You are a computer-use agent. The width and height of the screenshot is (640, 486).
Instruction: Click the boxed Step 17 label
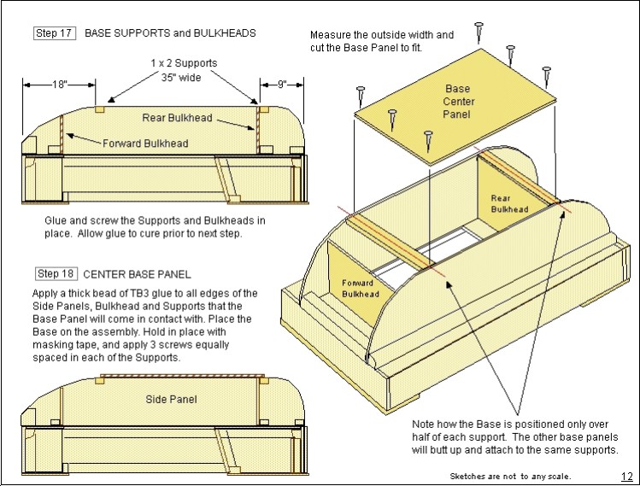pyautogui.click(x=55, y=33)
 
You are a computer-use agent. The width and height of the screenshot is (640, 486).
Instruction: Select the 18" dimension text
pyautogui.click(x=58, y=85)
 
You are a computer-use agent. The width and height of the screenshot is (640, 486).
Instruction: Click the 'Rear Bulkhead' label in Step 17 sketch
pyautogui.click(x=178, y=117)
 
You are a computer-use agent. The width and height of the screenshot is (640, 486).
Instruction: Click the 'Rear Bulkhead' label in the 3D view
pyautogui.click(x=508, y=203)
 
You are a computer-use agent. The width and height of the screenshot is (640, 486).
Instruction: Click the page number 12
pyautogui.click(x=626, y=476)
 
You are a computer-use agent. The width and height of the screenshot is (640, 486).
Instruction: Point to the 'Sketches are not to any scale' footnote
pyautogui.click(x=510, y=477)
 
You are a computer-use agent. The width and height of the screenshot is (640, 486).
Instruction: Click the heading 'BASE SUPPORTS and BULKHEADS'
pyautogui.click(x=170, y=33)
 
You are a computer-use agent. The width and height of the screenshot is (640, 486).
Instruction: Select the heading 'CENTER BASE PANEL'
pyautogui.click(x=138, y=274)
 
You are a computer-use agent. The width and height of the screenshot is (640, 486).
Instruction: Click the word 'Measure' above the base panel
pyautogui.click(x=332, y=35)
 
